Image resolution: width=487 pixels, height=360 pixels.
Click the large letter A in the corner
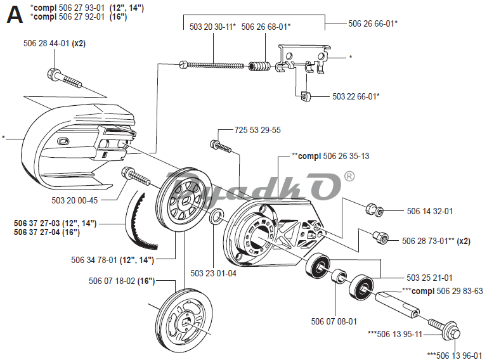point(15,15)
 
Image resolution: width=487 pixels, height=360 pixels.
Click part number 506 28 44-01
point(46,43)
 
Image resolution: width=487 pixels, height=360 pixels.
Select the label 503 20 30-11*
point(213,27)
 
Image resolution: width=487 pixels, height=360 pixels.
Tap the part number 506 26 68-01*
point(266,27)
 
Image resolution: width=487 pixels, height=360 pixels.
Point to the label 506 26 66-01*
point(373,23)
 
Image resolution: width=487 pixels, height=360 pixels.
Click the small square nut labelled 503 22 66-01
point(306,96)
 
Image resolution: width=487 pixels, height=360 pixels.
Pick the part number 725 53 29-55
point(257,130)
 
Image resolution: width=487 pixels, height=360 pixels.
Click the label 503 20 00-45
point(75,200)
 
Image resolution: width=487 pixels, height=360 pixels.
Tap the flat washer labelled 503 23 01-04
point(216,216)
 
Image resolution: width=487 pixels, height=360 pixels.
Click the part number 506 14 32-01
point(430,211)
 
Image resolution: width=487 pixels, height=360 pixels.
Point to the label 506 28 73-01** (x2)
point(436,241)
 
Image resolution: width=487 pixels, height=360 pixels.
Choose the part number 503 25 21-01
point(429,278)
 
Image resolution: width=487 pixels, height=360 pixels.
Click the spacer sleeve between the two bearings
point(338,276)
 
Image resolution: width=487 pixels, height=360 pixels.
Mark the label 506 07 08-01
point(334,321)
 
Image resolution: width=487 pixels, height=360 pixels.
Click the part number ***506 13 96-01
point(455,356)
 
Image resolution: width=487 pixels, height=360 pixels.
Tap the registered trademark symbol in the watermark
point(349,177)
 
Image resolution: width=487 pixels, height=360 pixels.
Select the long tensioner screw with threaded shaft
point(212,65)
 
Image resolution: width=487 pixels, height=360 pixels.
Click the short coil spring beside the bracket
point(259,67)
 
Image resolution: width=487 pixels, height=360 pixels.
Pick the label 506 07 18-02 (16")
point(122,281)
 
